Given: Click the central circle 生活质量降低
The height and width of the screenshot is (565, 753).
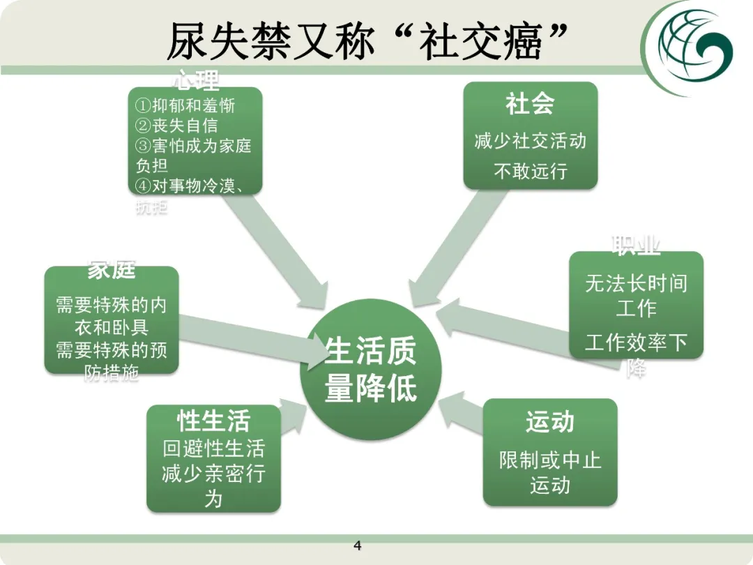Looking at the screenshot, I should point(370,369).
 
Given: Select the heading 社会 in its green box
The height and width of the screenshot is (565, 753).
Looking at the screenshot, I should point(530,105).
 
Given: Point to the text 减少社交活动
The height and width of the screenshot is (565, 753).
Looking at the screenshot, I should point(530,141).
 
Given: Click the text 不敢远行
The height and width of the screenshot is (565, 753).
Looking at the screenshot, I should point(530,171).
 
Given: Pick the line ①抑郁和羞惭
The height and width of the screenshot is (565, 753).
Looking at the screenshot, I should point(185,106).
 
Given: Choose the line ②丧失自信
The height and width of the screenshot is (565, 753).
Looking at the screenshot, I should point(176,126).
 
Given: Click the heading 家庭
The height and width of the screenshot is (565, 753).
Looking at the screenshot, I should point(112,270).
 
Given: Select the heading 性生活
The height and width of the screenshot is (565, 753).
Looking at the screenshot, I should point(213,421).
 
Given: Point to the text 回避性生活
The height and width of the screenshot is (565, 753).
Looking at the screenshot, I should point(213,449).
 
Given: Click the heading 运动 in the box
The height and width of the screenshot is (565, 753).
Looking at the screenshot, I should point(550,422).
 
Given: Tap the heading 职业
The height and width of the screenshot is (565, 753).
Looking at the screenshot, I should point(636,246).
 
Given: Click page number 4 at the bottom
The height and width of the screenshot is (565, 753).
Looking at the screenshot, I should point(358,545).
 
